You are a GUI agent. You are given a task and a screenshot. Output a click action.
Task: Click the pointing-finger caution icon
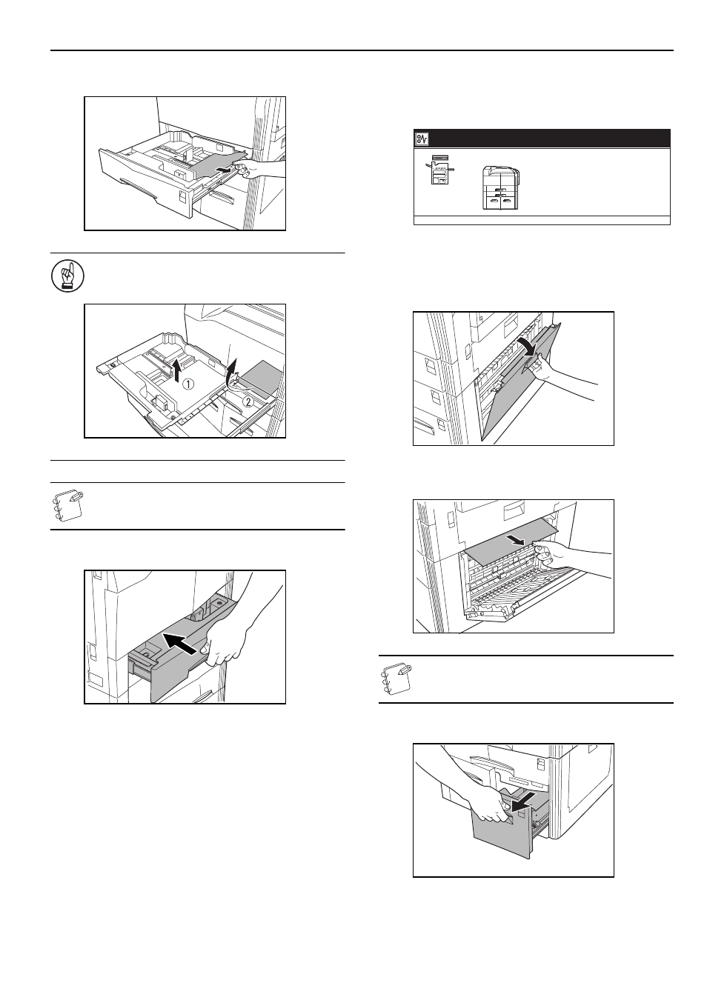point(67,276)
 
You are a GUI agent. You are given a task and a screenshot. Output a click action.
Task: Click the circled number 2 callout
point(248,401)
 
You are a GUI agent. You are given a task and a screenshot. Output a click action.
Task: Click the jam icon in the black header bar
point(422,139)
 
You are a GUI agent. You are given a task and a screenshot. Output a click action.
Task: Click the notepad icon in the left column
point(66,506)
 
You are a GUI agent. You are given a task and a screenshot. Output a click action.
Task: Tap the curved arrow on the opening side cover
point(528,347)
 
